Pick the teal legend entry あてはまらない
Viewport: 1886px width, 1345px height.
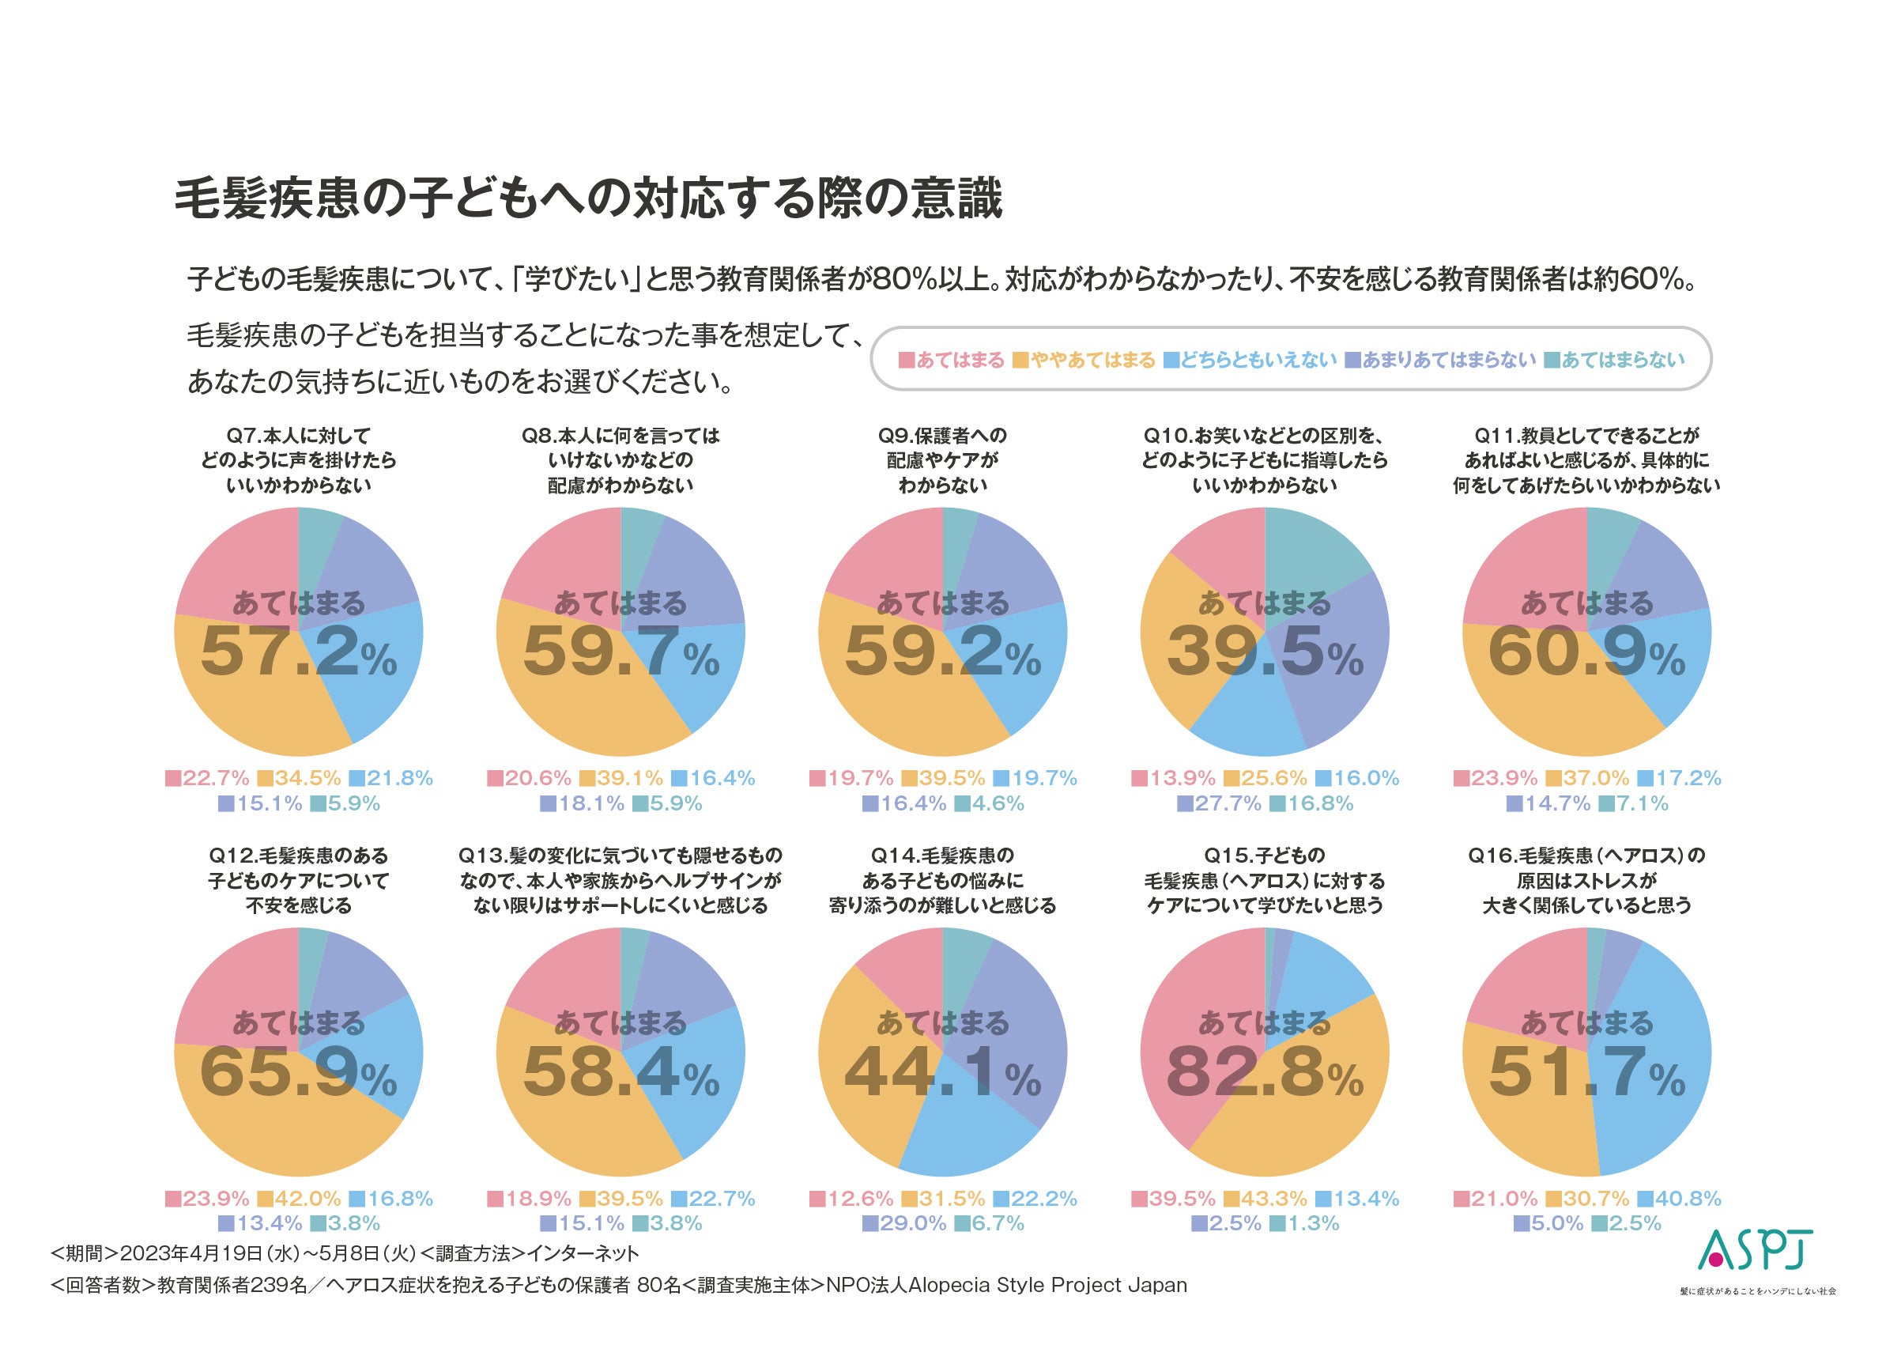(x=1614, y=361)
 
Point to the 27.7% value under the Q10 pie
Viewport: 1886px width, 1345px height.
(x=1219, y=803)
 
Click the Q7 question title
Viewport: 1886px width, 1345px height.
(x=298, y=460)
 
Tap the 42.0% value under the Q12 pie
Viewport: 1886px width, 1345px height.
(x=299, y=1199)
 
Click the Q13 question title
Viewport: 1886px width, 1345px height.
(x=620, y=880)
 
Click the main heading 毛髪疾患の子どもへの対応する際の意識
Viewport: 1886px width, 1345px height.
(x=588, y=198)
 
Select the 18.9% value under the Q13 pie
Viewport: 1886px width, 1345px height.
(x=529, y=1199)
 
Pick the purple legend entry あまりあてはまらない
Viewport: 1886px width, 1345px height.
(x=1440, y=361)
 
